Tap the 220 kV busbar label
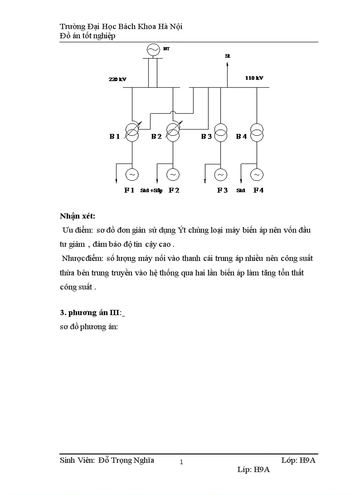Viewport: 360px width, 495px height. pos(117,79)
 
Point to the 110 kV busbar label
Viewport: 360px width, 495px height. pos(254,78)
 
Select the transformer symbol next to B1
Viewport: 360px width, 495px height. pos(132,132)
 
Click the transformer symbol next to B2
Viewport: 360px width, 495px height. pos(173,132)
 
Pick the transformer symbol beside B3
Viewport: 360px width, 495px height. pos(221,132)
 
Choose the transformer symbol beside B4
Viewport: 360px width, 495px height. pos(256,132)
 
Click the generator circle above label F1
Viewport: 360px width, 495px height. pos(132,175)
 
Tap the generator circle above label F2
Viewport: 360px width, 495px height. pos(173,175)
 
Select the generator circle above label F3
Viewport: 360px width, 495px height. pos(221,175)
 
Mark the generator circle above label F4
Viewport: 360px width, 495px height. pos(256,175)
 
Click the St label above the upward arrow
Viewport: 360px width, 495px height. pos(228,56)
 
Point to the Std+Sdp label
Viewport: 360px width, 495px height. pos(151,191)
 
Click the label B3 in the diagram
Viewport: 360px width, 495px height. pos(206,137)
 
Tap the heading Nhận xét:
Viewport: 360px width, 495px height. pos(78,216)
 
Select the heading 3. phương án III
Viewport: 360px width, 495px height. pos(93,313)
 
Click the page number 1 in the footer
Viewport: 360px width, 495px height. pos(181,462)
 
